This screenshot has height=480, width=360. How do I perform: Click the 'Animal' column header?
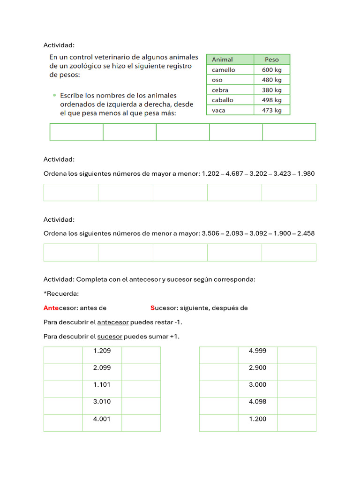coord(222,60)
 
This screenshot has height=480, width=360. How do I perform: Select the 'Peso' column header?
coord(271,60)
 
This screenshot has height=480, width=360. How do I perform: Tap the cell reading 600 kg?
coord(272,70)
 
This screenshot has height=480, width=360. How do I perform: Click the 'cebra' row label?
coord(220,90)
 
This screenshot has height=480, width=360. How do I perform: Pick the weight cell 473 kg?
coord(272,110)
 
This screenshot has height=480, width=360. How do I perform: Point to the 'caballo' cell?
coord(222,100)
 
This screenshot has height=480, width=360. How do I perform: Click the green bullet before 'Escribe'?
coord(54,95)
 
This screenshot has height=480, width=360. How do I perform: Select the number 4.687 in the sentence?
coord(235,173)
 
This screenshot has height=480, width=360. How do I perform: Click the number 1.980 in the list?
coord(306,173)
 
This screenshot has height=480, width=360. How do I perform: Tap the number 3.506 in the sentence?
coord(210,233)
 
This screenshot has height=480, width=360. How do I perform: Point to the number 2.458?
coord(306,233)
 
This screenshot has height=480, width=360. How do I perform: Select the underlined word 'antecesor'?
coord(112,322)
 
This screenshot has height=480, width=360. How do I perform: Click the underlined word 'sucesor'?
coord(110,337)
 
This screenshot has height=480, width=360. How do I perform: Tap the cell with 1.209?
coord(102,355)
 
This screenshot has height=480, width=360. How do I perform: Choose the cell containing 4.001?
coord(102,423)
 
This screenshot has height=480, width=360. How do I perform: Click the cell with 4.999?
coord(257,355)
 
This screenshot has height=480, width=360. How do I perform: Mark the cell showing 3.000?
coord(257,389)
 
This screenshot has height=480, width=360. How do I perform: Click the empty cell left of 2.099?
coord(63,372)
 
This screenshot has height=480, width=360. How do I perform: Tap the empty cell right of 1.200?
coord(296,423)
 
